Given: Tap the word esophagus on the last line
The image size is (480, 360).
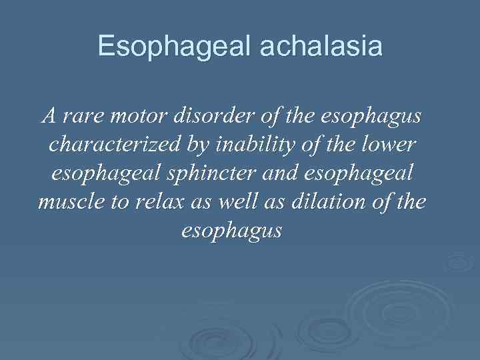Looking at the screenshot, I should point(232,231).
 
